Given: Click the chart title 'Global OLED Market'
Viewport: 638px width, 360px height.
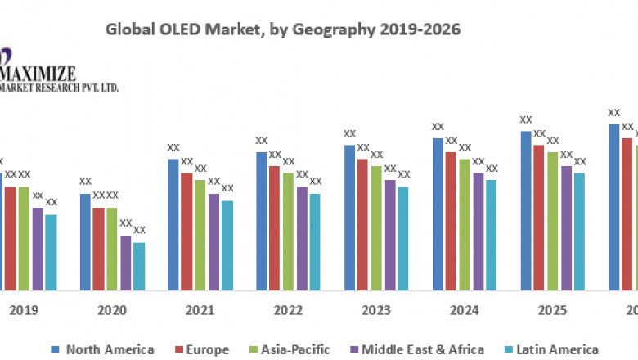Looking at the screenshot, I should pos(284,30).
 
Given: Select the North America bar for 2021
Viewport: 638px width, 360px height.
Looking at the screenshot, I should pos(173,224).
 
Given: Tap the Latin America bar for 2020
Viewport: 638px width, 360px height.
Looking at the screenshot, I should pos(139,266).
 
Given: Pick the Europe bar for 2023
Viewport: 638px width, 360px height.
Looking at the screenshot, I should pos(362,224).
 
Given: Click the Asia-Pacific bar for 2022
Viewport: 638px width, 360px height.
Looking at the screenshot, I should pos(288,231).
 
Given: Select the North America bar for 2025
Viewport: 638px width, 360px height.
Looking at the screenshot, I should pos(525,210).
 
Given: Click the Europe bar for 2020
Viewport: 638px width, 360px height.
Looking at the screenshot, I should pos(99,249).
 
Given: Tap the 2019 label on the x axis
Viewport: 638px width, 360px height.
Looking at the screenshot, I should pos(24,311).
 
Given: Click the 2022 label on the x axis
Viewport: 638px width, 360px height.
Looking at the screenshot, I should pos(288,311).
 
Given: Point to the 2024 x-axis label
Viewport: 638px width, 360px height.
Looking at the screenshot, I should pos(465,311).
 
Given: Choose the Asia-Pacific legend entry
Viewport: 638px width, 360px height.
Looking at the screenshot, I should pos(288,349).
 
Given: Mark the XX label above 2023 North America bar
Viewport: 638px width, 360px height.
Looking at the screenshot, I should pos(349,133).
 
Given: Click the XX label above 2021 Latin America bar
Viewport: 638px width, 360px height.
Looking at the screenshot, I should pos(227,188).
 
